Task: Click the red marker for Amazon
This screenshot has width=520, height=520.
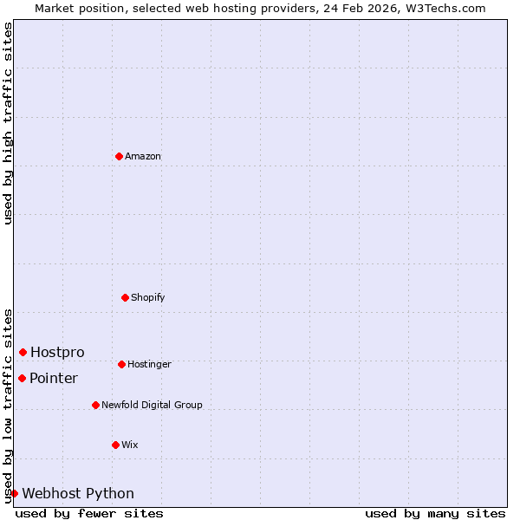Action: click(119, 156)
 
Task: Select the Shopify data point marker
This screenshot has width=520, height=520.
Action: click(125, 297)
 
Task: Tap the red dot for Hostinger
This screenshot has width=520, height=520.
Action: click(121, 364)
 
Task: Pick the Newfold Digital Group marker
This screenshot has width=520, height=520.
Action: click(95, 405)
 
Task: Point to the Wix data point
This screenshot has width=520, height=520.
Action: click(115, 445)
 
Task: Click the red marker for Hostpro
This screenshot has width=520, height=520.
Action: click(23, 352)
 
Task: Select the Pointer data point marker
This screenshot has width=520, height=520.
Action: click(22, 378)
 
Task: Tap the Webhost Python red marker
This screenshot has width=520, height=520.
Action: click(14, 493)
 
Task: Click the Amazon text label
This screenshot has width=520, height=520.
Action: click(143, 157)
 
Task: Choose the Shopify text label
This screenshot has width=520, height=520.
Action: click(148, 298)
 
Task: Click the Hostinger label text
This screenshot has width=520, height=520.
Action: click(149, 365)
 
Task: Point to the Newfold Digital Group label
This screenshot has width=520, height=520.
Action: click(152, 406)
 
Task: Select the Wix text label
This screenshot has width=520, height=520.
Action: click(130, 445)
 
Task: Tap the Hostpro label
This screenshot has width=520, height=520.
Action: click(57, 352)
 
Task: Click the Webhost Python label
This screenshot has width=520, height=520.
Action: click(78, 494)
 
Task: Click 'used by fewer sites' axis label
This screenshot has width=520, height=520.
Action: click(89, 513)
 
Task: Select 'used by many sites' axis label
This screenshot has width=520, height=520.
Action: click(435, 513)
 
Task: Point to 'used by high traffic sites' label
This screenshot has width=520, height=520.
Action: click(8, 123)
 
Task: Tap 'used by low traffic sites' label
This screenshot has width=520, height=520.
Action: click(8, 406)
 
